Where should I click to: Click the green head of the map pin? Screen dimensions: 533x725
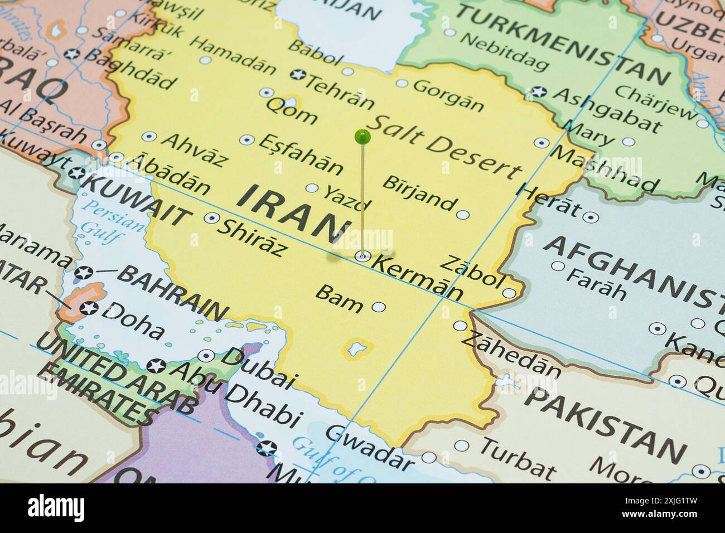[x=362, y=135]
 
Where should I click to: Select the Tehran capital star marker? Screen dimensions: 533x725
[x=298, y=75]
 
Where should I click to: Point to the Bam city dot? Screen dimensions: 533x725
[x=379, y=307]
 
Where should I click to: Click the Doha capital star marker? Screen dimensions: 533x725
[x=88, y=308]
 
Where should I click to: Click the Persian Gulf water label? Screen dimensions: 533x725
[x=106, y=220]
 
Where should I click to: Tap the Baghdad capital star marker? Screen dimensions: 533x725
[x=71, y=55]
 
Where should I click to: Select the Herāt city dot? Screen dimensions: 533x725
[x=591, y=217]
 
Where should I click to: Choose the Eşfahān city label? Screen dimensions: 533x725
[x=301, y=154]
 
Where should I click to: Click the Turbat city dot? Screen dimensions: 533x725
[x=461, y=446]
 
